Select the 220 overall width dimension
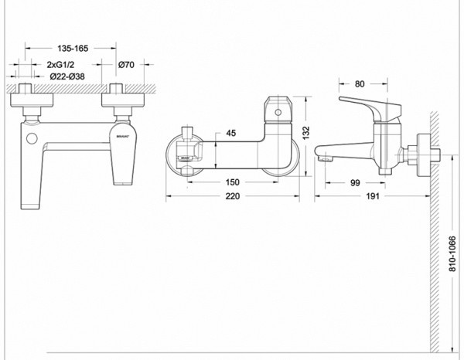coord(234,198)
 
